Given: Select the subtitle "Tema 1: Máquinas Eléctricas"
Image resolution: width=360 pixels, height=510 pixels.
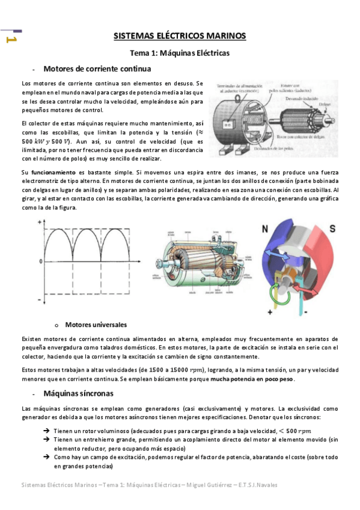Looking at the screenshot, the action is coord(180,53).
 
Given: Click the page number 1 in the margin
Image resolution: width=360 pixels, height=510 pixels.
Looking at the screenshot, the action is coord(10,39).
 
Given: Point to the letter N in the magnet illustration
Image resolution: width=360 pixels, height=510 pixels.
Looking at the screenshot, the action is coord(264,228).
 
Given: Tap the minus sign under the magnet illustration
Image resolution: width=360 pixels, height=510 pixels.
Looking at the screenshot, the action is coord(305,313).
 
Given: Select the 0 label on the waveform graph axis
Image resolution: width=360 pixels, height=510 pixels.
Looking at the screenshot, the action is coord(40,262).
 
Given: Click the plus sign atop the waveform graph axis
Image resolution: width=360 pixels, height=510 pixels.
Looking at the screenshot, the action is coord(40,223).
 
